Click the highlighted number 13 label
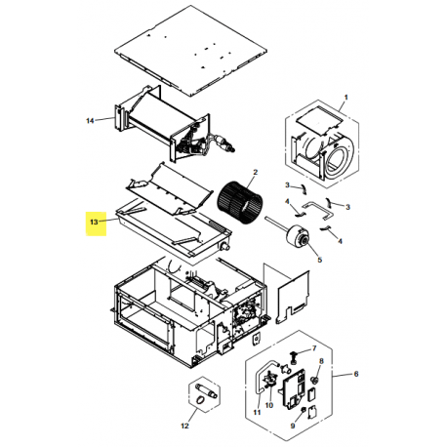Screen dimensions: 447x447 [93, 223]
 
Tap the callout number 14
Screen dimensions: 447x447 [90, 121]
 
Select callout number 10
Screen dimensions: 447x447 [270, 404]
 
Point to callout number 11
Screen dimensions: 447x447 [258, 414]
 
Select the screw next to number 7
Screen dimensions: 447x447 [293, 349]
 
